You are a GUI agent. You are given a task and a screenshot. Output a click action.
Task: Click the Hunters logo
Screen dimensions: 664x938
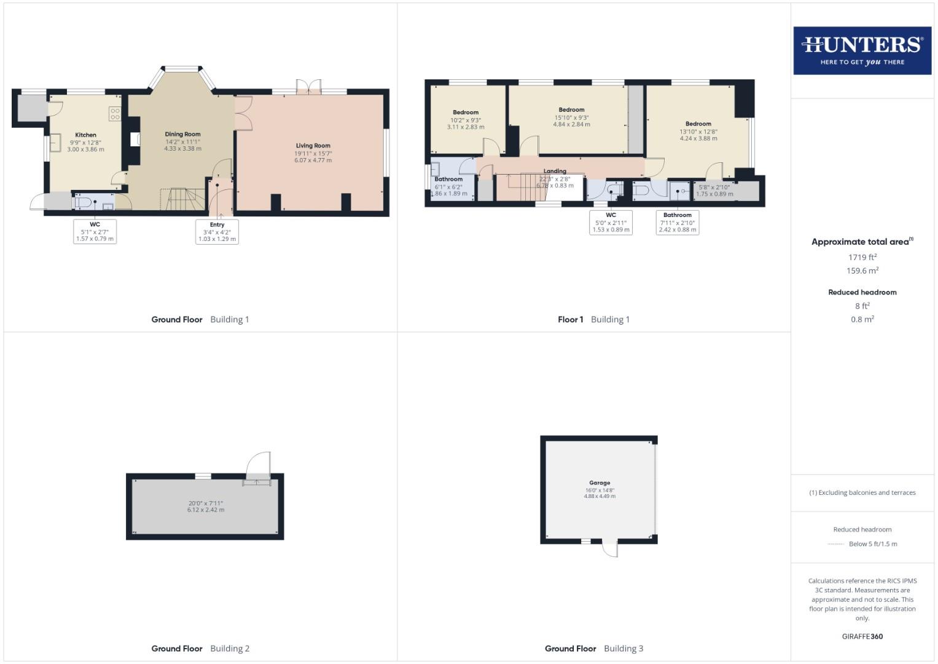[x=862, y=50]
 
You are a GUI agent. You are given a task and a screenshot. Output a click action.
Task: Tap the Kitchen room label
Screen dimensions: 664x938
[x=85, y=135]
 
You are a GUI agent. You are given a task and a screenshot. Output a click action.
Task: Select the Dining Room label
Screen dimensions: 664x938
[x=182, y=134]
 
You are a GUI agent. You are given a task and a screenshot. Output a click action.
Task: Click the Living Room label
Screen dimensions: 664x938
[x=313, y=146]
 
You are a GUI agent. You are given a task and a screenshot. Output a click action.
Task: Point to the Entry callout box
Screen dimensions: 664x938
[x=217, y=232]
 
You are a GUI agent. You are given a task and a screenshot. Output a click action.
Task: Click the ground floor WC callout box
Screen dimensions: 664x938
[x=95, y=232]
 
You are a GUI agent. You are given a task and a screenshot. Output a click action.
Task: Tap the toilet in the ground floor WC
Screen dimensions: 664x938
[x=84, y=202]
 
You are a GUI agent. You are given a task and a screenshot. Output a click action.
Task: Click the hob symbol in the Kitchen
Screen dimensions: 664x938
[x=115, y=113]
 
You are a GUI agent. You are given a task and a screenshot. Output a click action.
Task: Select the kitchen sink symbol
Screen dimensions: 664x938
[x=55, y=143]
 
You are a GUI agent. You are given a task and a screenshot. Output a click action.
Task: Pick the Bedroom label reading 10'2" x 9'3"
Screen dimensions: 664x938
[x=466, y=113]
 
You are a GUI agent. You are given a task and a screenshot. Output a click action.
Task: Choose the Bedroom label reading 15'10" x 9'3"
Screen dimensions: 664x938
[x=571, y=110]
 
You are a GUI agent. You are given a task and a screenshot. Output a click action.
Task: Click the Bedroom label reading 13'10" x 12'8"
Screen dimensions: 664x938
[x=698, y=124]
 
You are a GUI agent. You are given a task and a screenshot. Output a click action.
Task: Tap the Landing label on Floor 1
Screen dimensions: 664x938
[x=555, y=172]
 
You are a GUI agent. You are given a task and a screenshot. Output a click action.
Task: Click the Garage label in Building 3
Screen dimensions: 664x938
[x=600, y=483]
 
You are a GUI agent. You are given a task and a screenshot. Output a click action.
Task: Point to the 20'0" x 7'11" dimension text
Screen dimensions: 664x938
[x=206, y=504]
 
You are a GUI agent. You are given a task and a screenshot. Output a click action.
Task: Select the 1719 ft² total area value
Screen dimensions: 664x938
[x=862, y=258]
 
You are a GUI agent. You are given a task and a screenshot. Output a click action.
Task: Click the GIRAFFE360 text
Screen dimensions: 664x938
[x=862, y=636]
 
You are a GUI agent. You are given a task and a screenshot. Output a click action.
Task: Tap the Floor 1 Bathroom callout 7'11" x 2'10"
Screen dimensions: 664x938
[x=677, y=223]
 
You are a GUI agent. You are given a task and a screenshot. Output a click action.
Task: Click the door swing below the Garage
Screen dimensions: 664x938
[x=610, y=549]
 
